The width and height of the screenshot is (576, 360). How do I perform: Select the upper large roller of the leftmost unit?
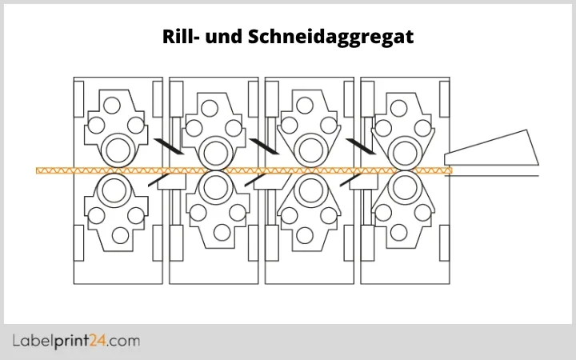pyautogui.click(x=118, y=150)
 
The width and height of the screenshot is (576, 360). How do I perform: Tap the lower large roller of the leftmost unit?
pyautogui.click(x=118, y=190)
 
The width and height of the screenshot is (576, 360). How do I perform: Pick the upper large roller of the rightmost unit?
pyautogui.click(x=406, y=150)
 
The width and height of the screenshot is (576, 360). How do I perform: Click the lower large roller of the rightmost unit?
pyautogui.click(x=406, y=190)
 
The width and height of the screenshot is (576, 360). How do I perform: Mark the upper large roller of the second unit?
pyautogui.click(x=214, y=150)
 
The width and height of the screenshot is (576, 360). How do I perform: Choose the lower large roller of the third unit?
pyautogui.click(x=310, y=190)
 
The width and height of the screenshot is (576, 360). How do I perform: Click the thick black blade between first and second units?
pyautogui.click(x=168, y=146)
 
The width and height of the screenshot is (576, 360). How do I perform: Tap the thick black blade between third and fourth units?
pyautogui.click(x=360, y=146)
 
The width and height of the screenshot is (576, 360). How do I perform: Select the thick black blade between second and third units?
pyautogui.click(x=264, y=146)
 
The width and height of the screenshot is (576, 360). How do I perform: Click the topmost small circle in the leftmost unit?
pyautogui.click(x=112, y=104)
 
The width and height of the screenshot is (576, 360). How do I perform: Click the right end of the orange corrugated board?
pyautogui.click(x=449, y=170)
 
